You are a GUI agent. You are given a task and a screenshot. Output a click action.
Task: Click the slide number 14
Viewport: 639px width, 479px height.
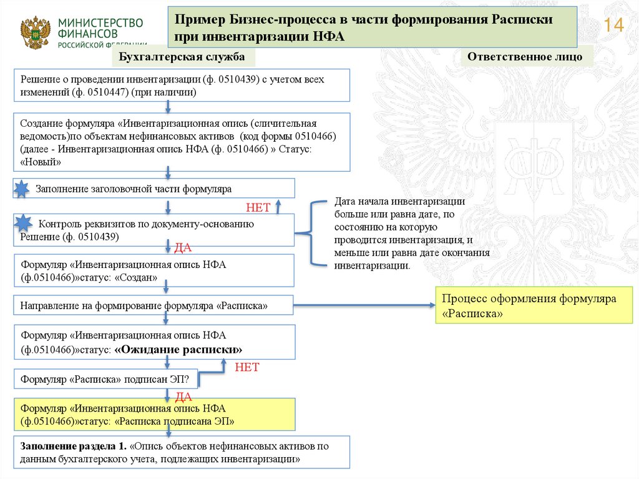point(614,26)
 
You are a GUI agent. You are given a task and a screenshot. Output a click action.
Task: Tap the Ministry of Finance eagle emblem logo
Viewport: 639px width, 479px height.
point(35,32)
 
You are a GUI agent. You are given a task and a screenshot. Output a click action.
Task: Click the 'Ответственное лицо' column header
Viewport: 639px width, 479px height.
point(524,56)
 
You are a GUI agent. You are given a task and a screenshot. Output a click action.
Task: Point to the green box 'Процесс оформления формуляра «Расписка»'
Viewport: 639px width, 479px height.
point(534,306)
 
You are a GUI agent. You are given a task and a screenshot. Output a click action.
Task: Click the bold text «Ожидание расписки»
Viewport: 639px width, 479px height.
point(178,349)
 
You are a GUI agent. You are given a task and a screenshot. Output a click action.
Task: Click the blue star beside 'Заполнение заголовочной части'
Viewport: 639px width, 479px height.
point(22,188)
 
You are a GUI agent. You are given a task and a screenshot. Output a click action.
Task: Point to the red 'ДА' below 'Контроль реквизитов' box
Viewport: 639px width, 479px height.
point(182,248)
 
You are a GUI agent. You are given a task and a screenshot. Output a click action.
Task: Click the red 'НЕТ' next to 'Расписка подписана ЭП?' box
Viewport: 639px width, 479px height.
point(246,367)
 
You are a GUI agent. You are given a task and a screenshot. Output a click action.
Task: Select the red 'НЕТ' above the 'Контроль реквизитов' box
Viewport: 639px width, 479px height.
point(257,207)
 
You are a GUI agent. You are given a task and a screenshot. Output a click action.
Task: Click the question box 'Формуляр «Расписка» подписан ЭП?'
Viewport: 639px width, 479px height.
point(106,378)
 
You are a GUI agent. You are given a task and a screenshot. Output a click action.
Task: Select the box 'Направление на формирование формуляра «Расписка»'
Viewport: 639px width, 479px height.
point(154,306)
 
